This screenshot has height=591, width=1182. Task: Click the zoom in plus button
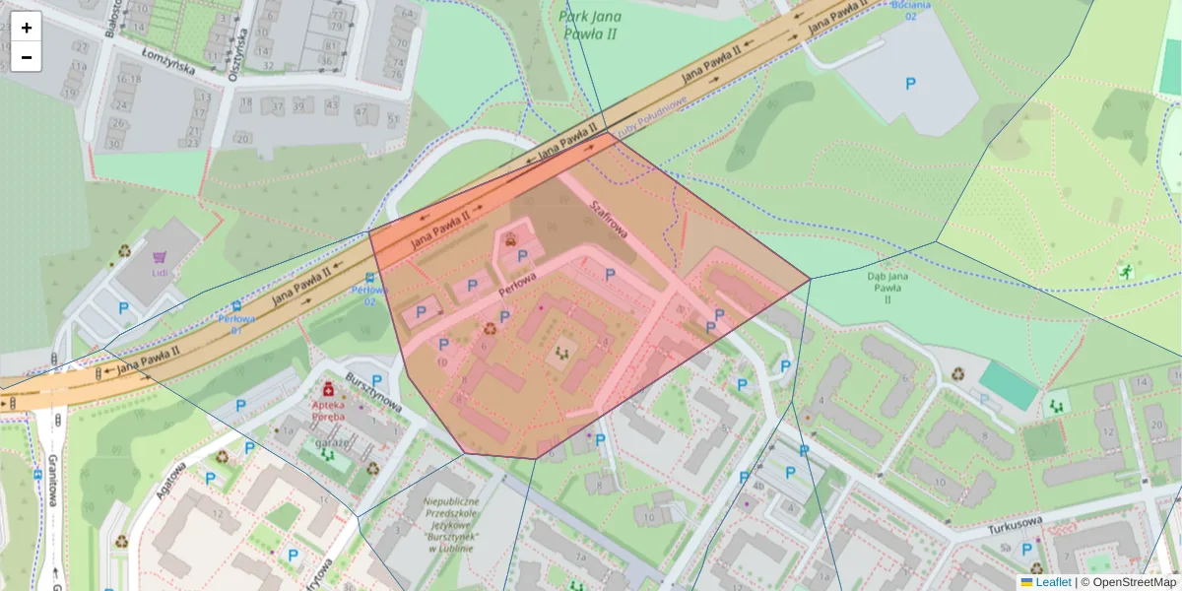tap(27, 28)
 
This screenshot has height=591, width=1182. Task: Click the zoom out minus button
tap(27, 57)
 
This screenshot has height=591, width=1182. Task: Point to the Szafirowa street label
tap(609, 217)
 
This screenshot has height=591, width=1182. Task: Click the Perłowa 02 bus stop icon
tap(369, 278)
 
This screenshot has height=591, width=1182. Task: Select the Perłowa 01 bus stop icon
tap(236, 306)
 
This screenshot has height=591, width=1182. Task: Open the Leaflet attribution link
tap(1052, 582)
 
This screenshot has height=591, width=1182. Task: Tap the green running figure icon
tap(1124, 271)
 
